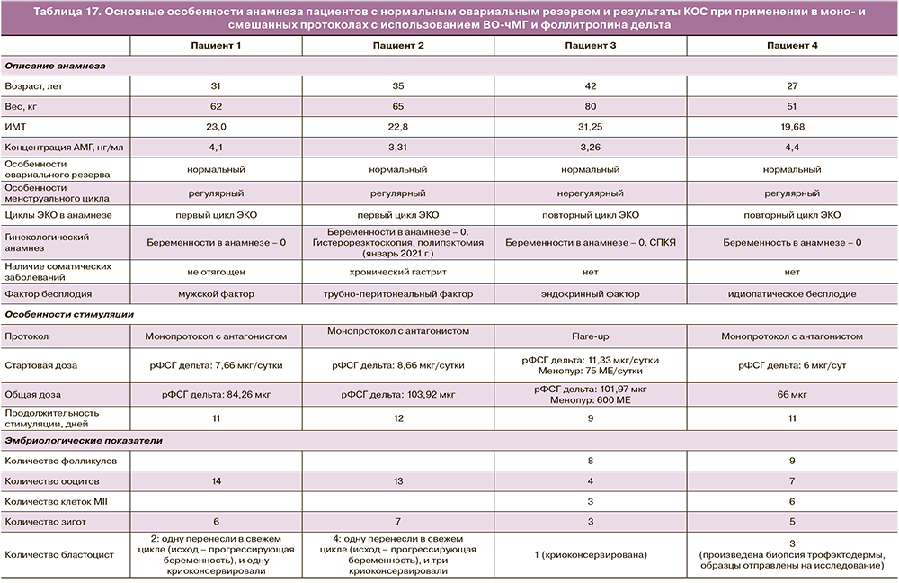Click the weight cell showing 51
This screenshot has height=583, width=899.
[x=791, y=106]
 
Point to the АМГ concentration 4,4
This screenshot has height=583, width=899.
[x=791, y=148]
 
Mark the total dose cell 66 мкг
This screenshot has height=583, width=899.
[x=791, y=394]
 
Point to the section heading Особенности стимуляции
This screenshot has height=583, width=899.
[x=69, y=314]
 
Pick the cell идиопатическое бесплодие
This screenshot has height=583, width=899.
[x=791, y=294]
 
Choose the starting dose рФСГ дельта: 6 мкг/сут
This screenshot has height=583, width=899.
[x=791, y=365]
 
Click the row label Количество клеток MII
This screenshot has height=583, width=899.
[x=56, y=500]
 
